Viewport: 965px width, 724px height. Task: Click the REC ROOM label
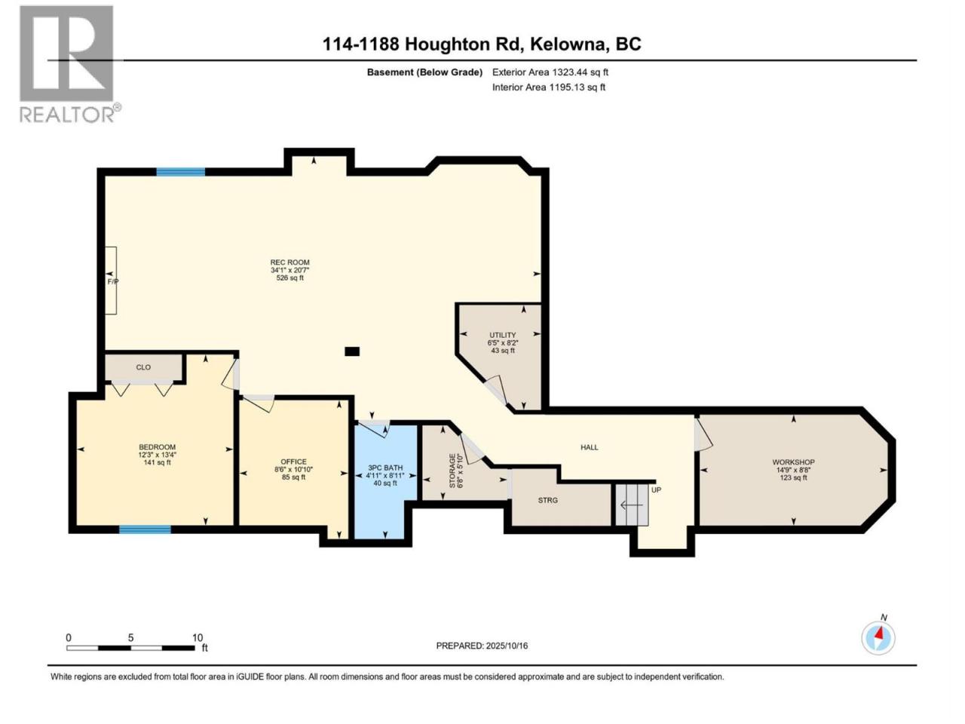click(x=289, y=262)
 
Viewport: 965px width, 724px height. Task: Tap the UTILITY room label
click(x=503, y=335)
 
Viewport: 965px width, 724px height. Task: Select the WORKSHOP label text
click(x=794, y=462)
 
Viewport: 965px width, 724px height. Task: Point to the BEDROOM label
click(x=157, y=447)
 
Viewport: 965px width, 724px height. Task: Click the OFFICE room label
click(x=294, y=462)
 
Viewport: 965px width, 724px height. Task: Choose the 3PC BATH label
click(x=385, y=468)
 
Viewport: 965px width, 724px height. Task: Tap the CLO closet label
click(x=143, y=367)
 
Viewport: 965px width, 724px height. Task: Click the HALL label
click(x=589, y=447)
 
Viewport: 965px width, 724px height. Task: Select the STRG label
click(x=548, y=500)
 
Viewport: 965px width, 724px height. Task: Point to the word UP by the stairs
click(x=656, y=489)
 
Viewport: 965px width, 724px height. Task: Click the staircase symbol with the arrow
click(x=632, y=505)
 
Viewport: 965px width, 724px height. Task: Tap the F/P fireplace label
click(x=112, y=281)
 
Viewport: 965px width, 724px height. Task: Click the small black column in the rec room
click(x=352, y=351)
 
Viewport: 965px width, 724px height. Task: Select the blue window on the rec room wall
click(x=181, y=172)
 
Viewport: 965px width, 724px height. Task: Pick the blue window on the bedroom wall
click(x=145, y=529)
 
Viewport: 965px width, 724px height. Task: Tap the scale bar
click(x=130, y=648)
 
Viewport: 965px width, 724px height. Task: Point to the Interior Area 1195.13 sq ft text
click(x=549, y=87)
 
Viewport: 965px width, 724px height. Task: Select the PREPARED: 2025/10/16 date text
click(x=482, y=646)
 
